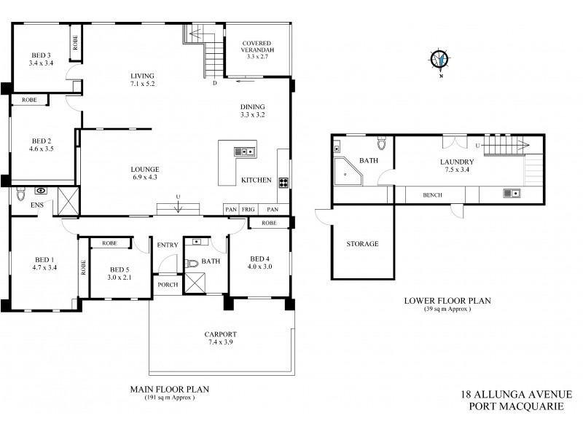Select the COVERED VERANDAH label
(x=259, y=47)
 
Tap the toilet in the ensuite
(x=20, y=193)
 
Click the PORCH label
(x=168, y=284)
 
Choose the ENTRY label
(x=168, y=245)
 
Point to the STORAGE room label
(x=363, y=244)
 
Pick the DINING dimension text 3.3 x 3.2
(x=252, y=115)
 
